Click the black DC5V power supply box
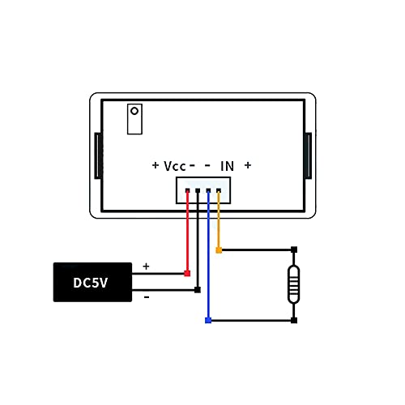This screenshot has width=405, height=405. tap(92, 283)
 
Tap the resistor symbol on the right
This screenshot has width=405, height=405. tap(294, 285)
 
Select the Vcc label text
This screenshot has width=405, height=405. tap(175, 165)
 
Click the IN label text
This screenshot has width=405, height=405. tap(228, 165)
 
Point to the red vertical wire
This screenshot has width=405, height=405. tap(188, 235)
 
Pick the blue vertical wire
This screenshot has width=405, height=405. tap(209, 259)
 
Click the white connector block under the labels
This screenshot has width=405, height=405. tap(203, 190)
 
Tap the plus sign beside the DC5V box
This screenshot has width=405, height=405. tap(147, 266)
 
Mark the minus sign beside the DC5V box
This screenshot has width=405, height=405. tap(147, 297)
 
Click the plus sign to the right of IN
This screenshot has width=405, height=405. tap(248, 165)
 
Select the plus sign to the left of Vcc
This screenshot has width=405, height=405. tap(156, 165)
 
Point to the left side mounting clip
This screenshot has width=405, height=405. tap(97, 156)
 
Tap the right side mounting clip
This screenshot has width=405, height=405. tap(308, 156)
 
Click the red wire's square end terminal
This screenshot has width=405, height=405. tap(188, 274)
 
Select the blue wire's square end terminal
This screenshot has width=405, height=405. tap(209, 321)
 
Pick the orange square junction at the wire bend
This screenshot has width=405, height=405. tap(219, 249)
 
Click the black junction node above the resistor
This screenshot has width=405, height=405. tap(294, 249)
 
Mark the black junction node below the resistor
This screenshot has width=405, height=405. tap(294, 321)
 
